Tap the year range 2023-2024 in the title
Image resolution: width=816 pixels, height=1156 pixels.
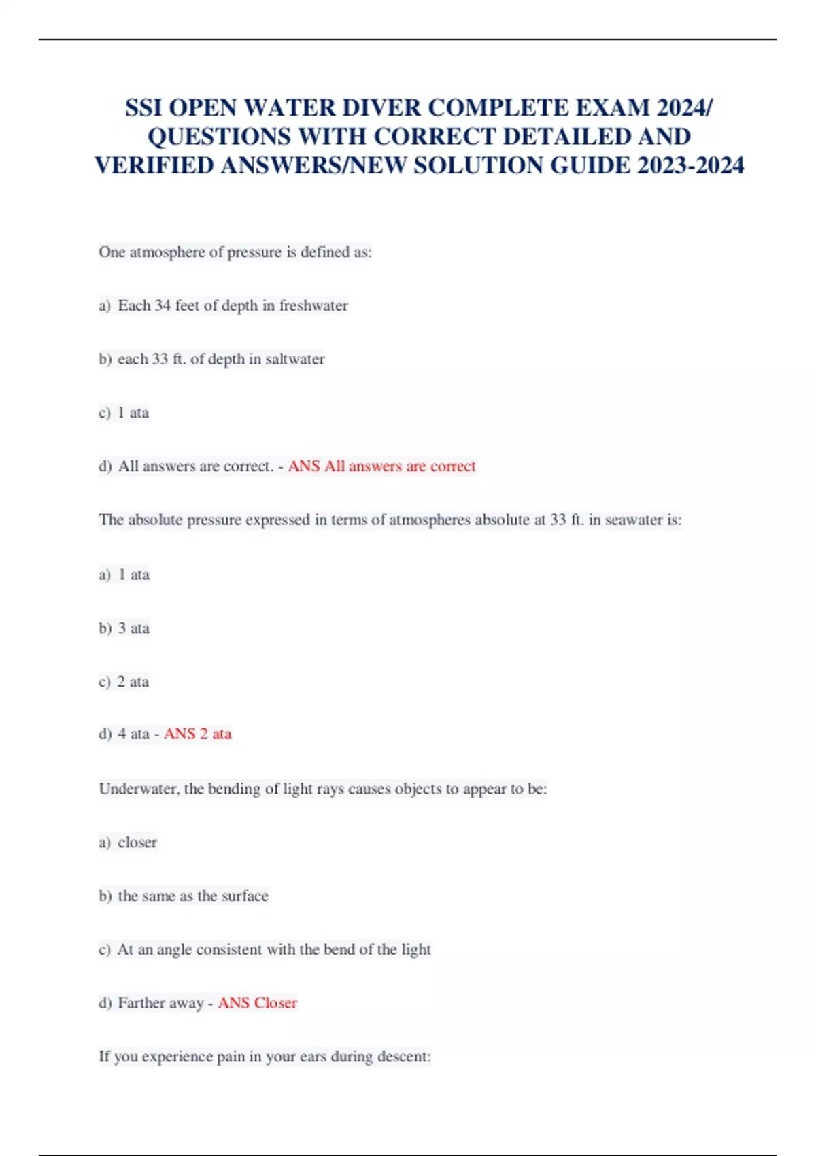[x=690, y=165]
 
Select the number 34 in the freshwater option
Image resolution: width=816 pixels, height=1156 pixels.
[x=163, y=305]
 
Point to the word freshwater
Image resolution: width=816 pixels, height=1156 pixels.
[x=313, y=305]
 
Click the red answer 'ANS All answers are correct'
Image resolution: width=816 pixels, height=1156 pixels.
[x=381, y=466]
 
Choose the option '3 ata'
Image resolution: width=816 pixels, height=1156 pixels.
[x=133, y=628]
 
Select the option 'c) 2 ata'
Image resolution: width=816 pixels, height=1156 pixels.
[x=124, y=682]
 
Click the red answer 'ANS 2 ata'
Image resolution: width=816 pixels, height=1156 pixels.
[x=197, y=734]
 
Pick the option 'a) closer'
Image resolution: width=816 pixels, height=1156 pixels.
[x=128, y=843]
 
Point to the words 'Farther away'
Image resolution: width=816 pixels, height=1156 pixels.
[x=160, y=1003]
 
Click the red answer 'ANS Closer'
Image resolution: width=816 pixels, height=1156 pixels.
[x=257, y=1003]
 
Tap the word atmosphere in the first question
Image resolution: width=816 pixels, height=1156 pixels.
[x=167, y=252]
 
